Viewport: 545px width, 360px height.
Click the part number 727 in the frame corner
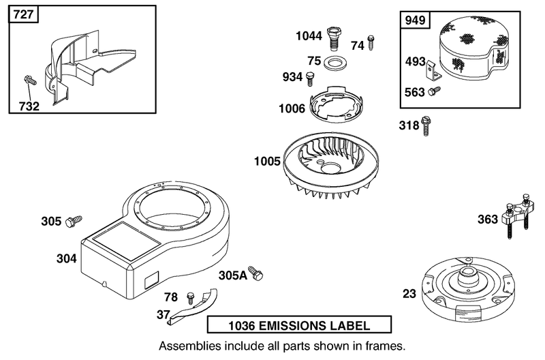24,14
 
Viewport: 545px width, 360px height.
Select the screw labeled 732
31,80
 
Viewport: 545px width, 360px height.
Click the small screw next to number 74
371,42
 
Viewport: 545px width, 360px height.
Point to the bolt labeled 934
309,79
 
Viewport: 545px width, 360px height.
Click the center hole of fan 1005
332,168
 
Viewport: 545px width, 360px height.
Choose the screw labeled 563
434,91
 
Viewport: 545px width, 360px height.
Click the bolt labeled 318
425,126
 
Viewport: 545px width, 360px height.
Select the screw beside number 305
74,221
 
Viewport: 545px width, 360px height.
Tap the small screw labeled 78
191,298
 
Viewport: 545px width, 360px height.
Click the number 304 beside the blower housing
66,258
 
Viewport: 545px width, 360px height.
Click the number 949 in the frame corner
416,20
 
